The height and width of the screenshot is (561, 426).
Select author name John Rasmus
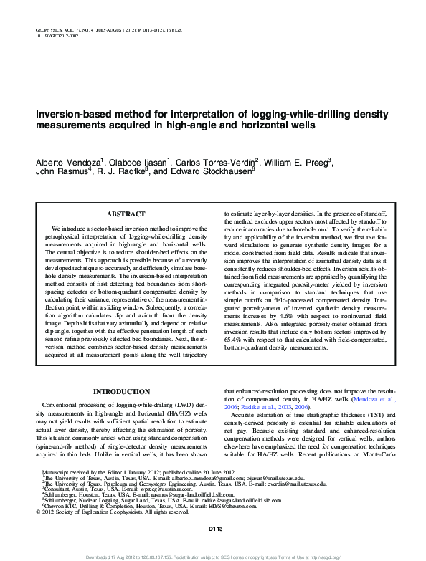pos(60,172)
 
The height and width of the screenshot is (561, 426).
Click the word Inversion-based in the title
pos(70,114)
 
